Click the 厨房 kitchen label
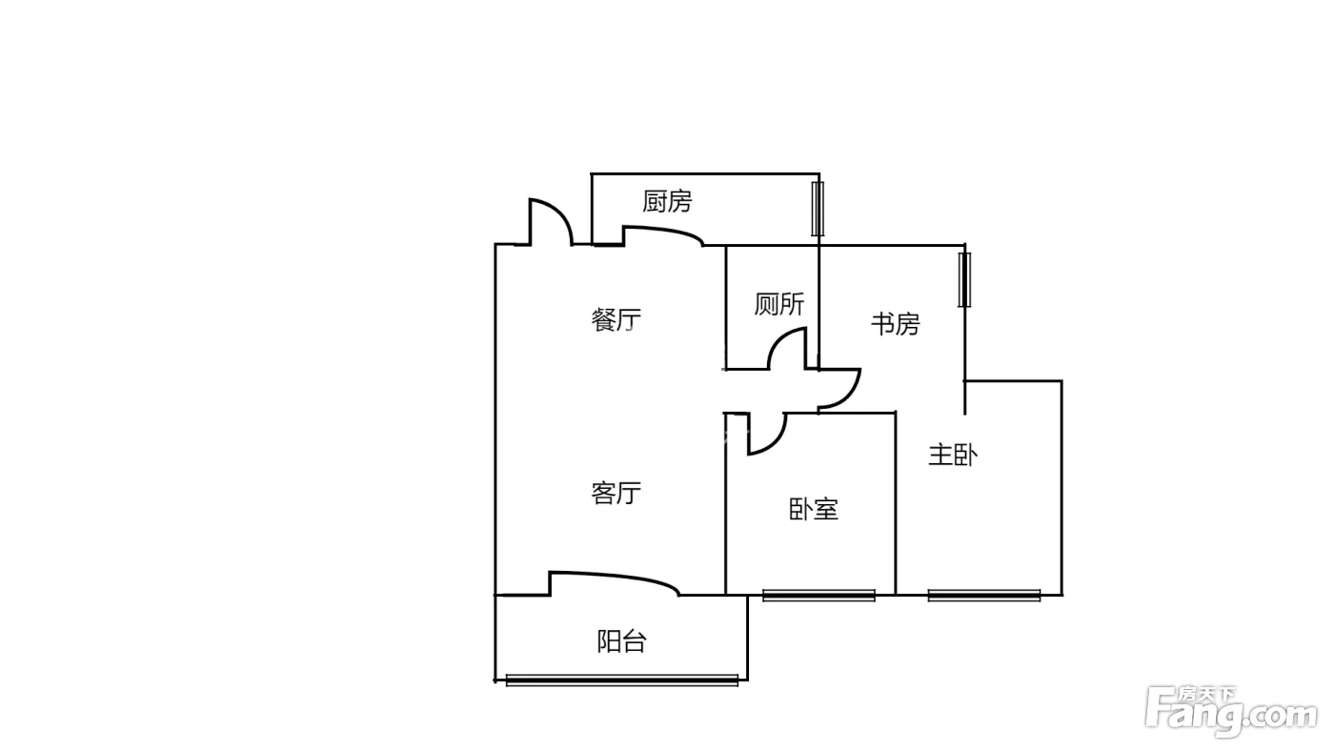point(667,201)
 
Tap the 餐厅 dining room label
point(616,320)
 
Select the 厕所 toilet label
point(779,304)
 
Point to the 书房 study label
point(895,324)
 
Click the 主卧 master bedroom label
point(953,455)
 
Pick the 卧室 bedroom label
point(814,509)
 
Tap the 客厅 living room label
point(616,493)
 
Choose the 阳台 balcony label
point(621,641)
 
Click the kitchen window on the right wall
point(818,209)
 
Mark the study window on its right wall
point(964,280)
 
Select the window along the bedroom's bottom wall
point(819,595)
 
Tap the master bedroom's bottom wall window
point(983,595)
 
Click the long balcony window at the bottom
point(621,680)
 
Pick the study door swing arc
point(852,397)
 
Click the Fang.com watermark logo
point(1230,711)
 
